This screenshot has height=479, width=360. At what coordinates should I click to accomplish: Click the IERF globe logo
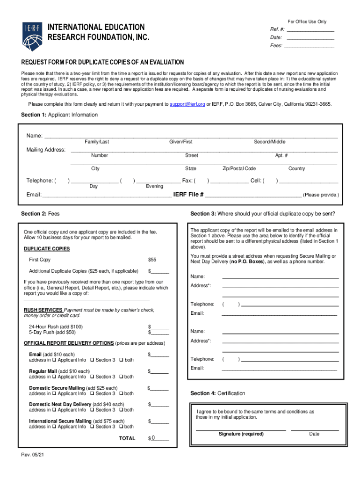pyautogui.click(x=32, y=36)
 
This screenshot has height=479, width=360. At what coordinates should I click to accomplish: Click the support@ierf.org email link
pyautogui.click(x=187, y=104)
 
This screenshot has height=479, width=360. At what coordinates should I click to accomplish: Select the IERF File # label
pyautogui.click(x=188, y=195)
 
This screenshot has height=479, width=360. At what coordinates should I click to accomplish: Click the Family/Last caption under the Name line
pyautogui.click(x=97, y=142)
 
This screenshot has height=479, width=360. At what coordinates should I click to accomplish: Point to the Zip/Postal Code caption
pyautogui.click(x=239, y=168)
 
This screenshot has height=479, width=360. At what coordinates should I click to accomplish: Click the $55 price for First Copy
pyautogui.click(x=152, y=260)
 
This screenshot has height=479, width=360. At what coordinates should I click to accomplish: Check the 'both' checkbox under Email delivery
pyautogui.click(x=122, y=360)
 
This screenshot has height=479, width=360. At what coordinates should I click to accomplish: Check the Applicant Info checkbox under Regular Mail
pyautogui.click(x=55, y=377)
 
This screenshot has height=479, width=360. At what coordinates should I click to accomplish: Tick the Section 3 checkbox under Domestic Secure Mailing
pyautogui.click(x=92, y=394)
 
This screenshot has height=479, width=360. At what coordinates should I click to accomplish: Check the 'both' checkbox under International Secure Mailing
pyautogui.click(x=122, y=427)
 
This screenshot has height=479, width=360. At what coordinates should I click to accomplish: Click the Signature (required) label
pyautogui.click(x=241, y=434)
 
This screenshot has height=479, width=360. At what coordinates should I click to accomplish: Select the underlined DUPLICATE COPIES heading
pyautogui.click(x=47, y=249)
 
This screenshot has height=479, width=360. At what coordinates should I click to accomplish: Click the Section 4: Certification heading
pyautogui.click(x=217, y=393)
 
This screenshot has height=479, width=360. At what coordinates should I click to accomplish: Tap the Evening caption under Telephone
pyautogui.click(x=154, y=186)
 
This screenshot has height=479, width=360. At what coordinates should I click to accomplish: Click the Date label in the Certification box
pyautogui.click(x=314, y=434)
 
